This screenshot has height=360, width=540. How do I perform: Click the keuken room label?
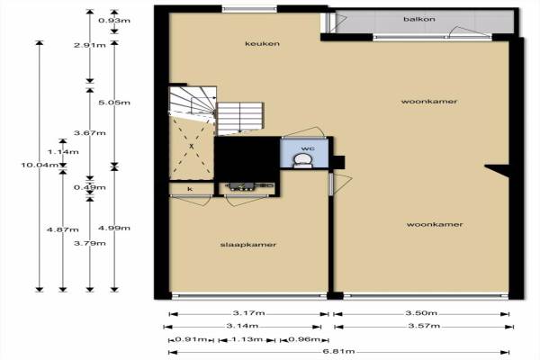pos(262,44)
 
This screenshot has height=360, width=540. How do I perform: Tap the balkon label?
pos(419,19)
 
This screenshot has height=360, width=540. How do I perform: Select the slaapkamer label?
pos(248,245)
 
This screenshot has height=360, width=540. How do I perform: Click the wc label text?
pos(308,148)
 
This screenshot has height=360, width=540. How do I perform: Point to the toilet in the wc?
pos(302,161)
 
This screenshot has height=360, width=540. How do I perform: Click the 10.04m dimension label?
pos(40,165)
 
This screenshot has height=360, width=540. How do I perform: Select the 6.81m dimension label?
pos(339,351)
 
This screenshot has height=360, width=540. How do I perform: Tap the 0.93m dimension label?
pos(114,21)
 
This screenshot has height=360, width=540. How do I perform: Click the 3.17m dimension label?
pos(249,313)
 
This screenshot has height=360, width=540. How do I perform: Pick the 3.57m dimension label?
pos(424,326)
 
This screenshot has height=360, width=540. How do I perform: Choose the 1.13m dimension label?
pos(247,339)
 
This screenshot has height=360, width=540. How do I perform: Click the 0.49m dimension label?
pos(90,187)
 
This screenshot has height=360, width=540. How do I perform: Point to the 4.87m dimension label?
pos(63,229)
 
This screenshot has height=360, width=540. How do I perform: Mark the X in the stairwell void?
pos(192,147)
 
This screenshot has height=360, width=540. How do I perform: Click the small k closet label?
pos(190,189)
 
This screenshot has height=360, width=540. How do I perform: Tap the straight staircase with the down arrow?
pos(240,118)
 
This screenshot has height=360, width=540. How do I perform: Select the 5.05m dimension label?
pos(114,103)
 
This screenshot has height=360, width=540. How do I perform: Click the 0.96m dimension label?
pos(304,339)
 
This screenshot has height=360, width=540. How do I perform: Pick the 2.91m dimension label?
pos(90,45)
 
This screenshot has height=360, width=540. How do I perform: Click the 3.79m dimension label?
pos(90,243)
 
